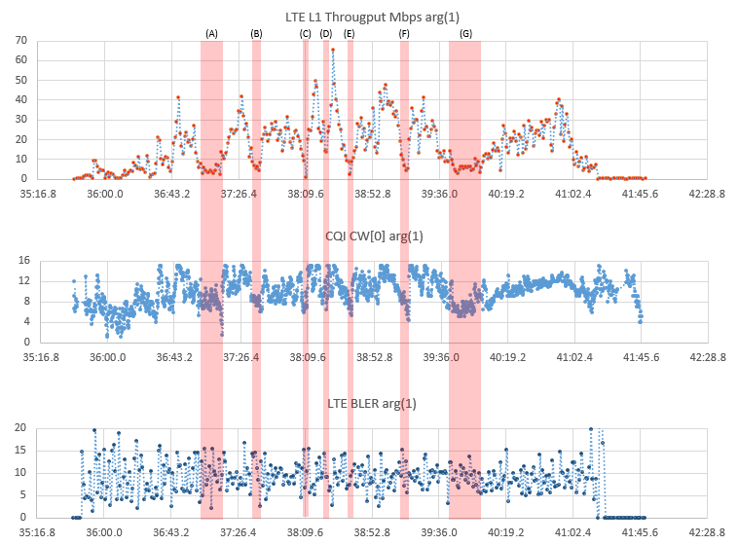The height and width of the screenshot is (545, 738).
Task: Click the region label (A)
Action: (211, 33)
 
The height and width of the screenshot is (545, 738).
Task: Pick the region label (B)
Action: (256, 33)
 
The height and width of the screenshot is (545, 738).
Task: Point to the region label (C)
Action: (306, 33)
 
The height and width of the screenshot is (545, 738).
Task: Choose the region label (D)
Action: (326, 33)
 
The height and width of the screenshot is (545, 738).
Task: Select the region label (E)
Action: (350, 33)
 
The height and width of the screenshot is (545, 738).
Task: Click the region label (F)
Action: (404, 33)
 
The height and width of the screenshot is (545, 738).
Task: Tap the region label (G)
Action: (465, 33)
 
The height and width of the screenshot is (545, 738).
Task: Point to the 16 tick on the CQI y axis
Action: (21, 261)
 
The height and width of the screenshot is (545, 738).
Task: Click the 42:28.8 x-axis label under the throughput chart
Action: (707, 193)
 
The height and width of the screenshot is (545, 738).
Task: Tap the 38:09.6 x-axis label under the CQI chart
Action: (307, 357)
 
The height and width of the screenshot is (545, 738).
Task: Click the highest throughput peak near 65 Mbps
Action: (332, 50)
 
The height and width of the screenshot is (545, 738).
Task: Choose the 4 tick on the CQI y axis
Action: (24, 321)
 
